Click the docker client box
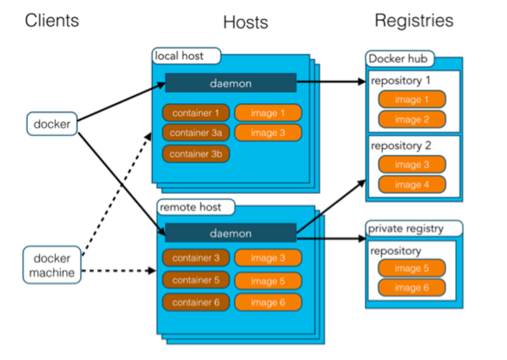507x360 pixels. pos(52,123)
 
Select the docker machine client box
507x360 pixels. pos(52,265)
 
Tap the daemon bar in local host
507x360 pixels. pos(231,83)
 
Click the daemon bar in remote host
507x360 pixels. pos(231,233)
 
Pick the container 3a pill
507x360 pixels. pos(196,132)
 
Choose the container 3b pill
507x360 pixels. pos(196,154)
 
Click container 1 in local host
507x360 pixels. pos(196,113)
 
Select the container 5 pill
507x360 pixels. pos(196,280)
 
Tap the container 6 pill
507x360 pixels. pos(196,302)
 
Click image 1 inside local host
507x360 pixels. pos(268,113)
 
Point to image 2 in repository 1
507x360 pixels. pos(412,119)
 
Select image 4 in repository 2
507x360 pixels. pos(412,185)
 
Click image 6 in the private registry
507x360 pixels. pos(411,288)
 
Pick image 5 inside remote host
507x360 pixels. pos(268,281)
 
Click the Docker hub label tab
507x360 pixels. pos(400,59)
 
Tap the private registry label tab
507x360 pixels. pos(414,228)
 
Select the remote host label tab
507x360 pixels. pos(196,207)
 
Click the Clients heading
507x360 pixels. pos(52,20)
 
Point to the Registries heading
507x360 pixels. pos(414,20)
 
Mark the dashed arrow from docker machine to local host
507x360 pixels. pos(117,194)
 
